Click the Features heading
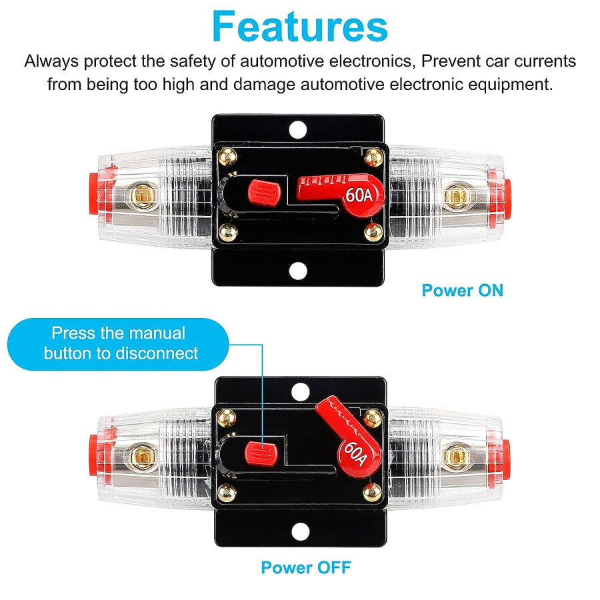(x=299, y=27)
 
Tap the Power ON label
(x=462, y=290)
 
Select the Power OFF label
(x=305, y=567)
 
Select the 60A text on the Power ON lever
(x=356, y=196)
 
